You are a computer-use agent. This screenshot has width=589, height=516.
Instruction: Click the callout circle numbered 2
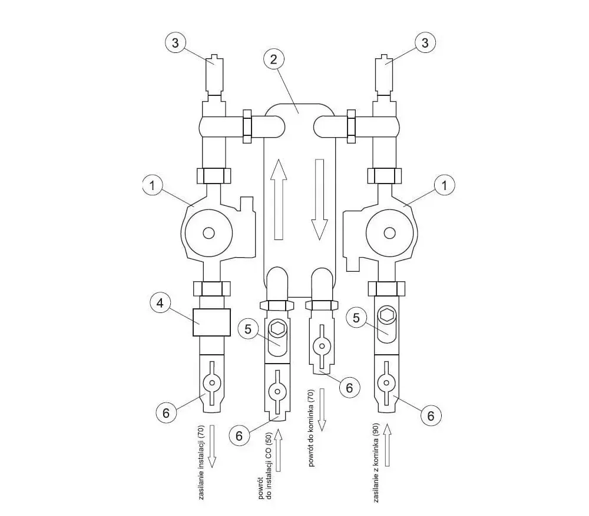click(273, 59)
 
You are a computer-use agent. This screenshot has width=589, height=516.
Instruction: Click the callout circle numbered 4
click(160, 303)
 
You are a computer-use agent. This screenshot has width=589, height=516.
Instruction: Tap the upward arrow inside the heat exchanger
click(279, 199)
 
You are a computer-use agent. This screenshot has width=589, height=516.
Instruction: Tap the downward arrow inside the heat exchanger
click(319, 199)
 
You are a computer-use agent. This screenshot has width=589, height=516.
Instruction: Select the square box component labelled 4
click(211, 322)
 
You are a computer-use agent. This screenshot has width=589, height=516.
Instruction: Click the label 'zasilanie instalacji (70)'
click(201, 462)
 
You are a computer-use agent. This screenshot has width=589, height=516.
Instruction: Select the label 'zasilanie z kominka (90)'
click(376, 462)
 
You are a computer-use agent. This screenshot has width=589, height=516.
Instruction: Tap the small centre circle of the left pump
click(209, 233)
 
